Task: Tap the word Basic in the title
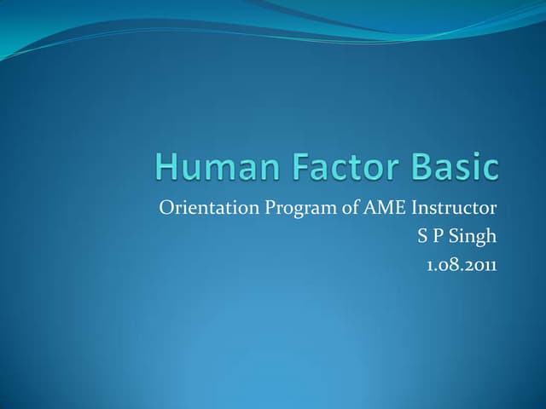(455, 167)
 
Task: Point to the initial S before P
(421, 237)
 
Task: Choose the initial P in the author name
(437, 237)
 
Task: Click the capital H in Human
(167, 167)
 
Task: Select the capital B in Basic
(420, 167)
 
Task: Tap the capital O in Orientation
(166, 209)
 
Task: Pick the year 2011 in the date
(480, 265)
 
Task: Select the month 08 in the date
(448, 265)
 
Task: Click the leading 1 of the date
(429, 265)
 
